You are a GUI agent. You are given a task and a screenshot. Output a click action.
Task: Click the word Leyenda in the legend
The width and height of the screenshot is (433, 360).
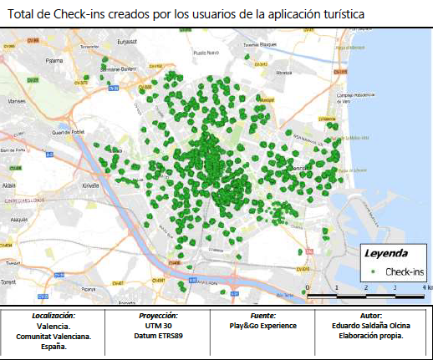tap(385, 252)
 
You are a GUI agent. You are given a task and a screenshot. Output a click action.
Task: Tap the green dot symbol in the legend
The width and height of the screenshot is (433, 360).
tap(370, 272)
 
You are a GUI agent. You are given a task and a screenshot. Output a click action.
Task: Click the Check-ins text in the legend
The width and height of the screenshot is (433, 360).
tap(404, 272)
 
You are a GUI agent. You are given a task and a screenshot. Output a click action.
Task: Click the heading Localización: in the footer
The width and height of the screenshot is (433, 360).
tap(53, 317)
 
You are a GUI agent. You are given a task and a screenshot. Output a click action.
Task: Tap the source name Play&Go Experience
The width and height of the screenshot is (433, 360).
tap(262, 326)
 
